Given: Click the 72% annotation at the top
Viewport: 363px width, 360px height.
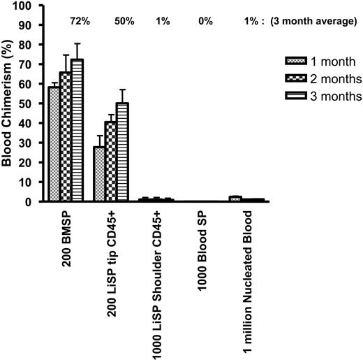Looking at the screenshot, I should pyautogui.click(x=78, y=22).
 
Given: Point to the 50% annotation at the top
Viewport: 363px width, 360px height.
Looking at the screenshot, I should pyautogui.click(x=124, y=22).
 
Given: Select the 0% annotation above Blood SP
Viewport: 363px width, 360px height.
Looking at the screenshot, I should pyautogui.click(x=205, y=22).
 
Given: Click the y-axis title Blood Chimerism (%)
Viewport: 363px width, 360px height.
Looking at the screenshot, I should pyautogui.click(x=8, y=105).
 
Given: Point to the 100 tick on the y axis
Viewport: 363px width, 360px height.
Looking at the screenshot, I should pyautogui.click(x=23, y=6).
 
